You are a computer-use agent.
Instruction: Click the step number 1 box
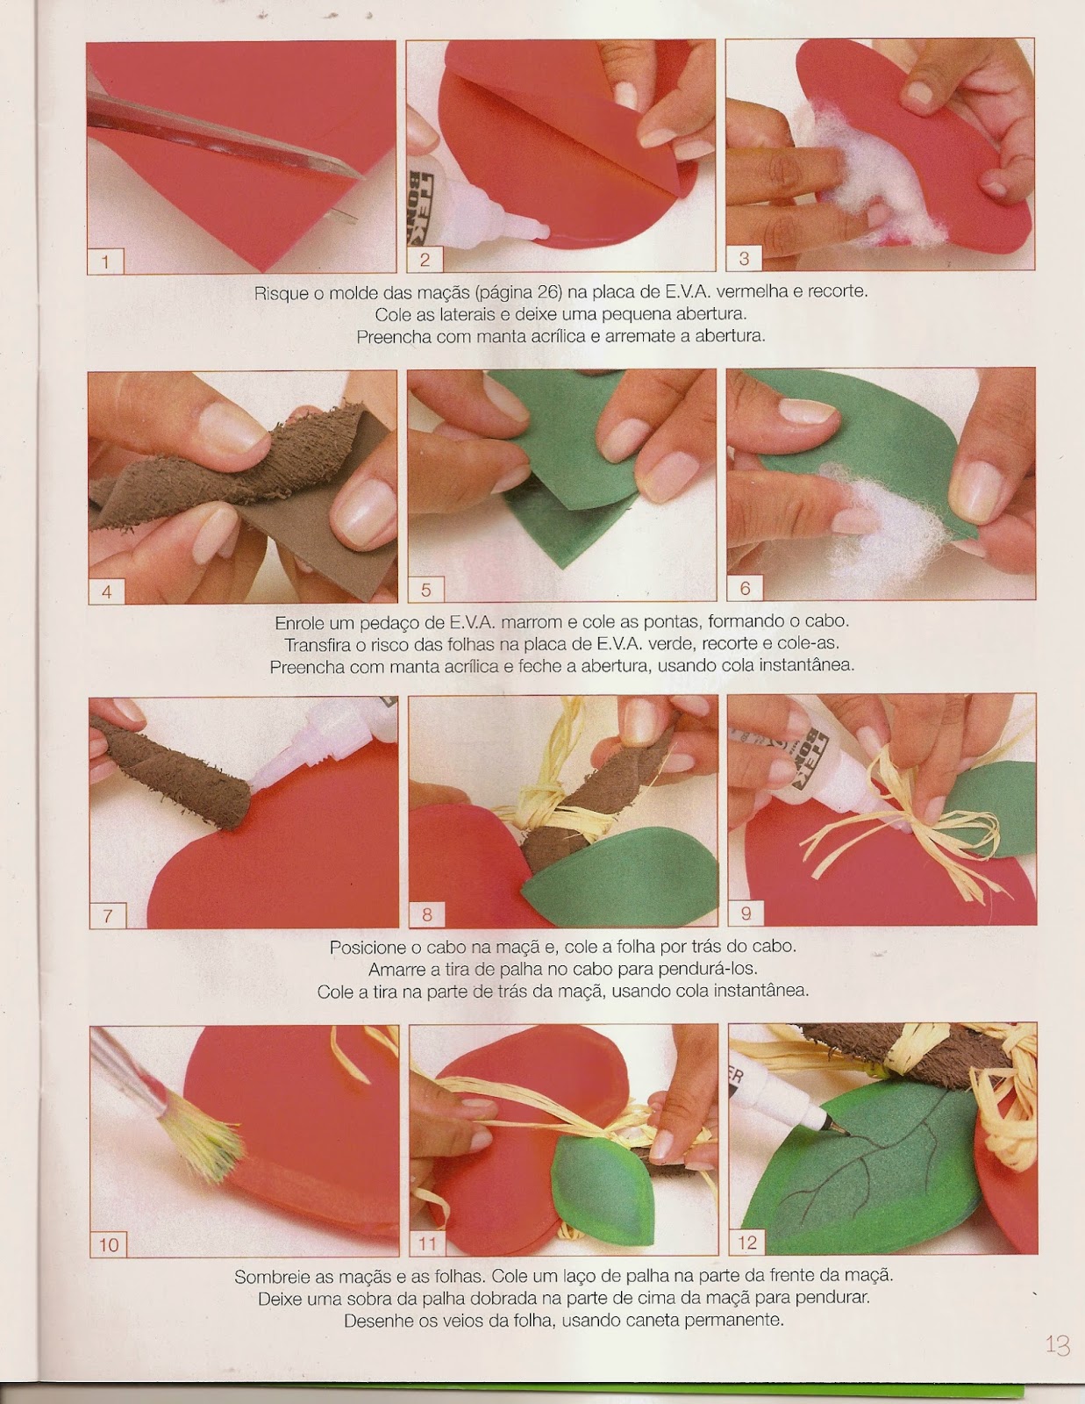click(105, 262)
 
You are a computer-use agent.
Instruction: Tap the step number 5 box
click(425, 590)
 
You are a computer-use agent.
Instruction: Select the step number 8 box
click(427, 915)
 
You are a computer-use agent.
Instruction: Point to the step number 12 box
click(746, 1242)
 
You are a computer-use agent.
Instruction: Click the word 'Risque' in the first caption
click(281, 293)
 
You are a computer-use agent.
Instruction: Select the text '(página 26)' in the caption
click(518, 293)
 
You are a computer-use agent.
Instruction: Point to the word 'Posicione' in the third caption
click(367, 947)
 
